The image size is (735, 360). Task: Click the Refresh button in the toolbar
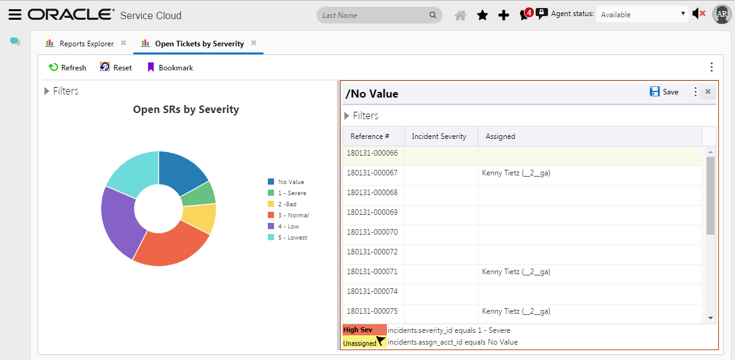click(67, 67)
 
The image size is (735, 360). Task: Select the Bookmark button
click(170, 67)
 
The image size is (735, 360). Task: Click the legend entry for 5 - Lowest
click(292, 238)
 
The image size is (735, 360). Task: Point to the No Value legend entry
click(291, 182)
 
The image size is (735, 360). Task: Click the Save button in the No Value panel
click(664, 92)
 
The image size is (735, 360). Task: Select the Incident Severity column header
click(440, 136)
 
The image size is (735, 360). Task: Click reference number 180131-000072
click(372, 252)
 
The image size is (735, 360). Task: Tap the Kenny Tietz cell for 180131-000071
click(516, 272)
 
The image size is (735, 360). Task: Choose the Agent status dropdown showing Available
click(642, 14)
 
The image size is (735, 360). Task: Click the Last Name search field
click(373, 15)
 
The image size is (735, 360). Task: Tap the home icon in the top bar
click(460, 15)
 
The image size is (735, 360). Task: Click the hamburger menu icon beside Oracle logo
click(15, 15)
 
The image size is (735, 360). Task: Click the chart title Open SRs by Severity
click(186, 110)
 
